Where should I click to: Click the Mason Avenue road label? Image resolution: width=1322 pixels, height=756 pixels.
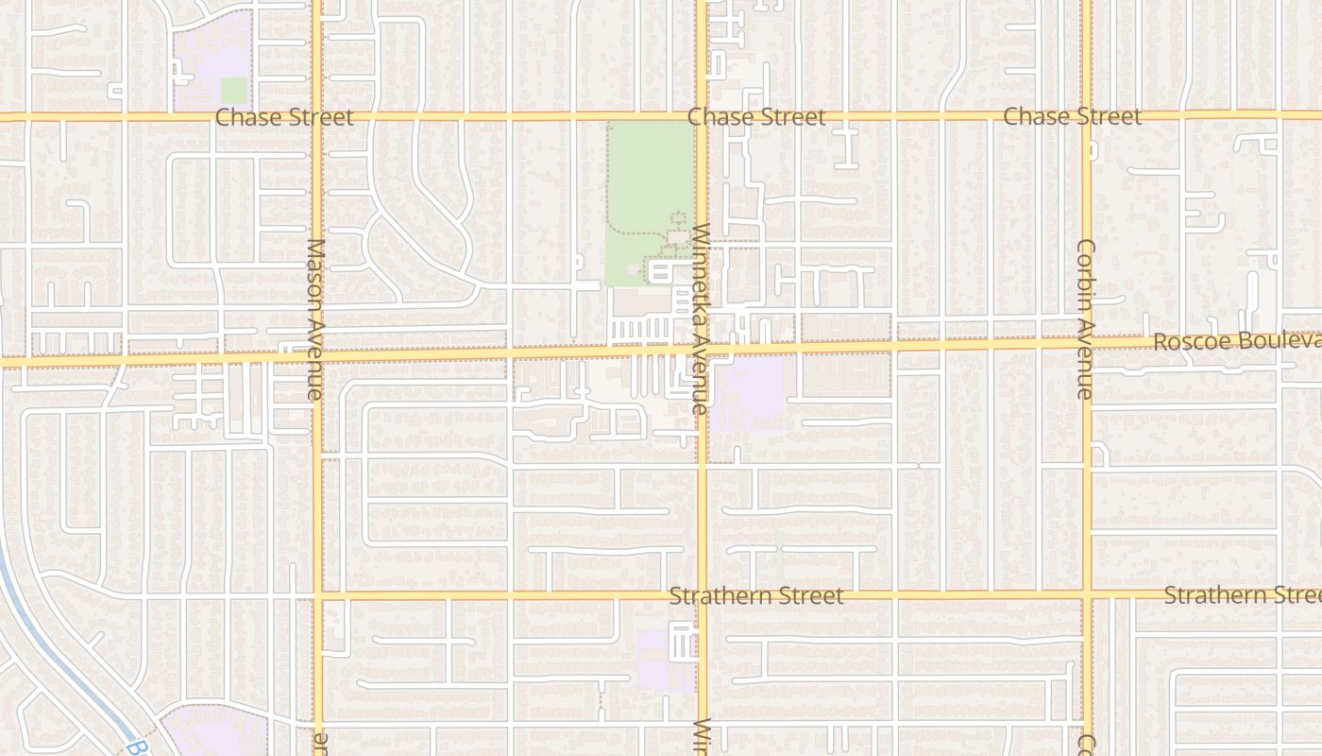315,318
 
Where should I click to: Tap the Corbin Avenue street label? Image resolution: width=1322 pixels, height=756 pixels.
1085,318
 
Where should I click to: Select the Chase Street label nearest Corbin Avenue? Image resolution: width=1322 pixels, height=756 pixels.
1072,117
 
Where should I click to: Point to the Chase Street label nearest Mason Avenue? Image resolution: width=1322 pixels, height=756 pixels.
284,117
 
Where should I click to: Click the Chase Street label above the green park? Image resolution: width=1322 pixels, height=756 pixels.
755,117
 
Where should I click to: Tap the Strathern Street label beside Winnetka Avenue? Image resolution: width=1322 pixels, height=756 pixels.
755,596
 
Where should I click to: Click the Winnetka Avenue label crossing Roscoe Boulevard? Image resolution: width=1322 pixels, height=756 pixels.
700,318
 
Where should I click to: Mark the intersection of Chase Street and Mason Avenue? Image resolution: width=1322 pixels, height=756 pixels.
316,117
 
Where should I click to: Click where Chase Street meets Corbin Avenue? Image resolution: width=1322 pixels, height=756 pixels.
1087,116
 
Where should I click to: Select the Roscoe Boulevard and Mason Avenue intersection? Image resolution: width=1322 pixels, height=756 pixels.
316,357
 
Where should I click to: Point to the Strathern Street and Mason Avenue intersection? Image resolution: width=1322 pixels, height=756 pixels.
317,596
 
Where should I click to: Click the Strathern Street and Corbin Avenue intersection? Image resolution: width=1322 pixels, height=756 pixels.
1087,595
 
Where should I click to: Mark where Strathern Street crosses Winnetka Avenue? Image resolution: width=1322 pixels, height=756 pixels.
702,596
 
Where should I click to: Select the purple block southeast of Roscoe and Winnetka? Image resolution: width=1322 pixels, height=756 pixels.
748,392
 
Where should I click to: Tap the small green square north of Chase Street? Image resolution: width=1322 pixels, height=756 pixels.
233,90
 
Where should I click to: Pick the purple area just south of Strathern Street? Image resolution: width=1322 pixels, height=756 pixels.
653,659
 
